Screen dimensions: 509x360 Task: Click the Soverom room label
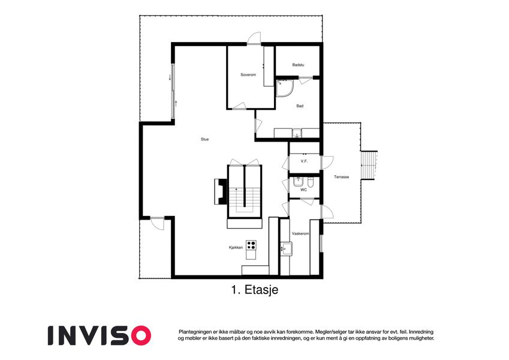click(x=248, y=75)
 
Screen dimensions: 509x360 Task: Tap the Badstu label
click(x=298, y=65)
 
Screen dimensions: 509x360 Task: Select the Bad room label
click(x=300, y=106)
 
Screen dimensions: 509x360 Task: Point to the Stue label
click(x=204, y=139)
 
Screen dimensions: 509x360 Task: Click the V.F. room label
click(x=304, y=161)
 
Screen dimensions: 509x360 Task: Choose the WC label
click(x=303, y=190)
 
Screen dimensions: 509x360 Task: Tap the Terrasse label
click(x=342, y=177)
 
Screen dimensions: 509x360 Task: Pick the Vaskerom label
click(x=300, y=233)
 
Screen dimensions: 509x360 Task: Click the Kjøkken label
click(x=236, y=248)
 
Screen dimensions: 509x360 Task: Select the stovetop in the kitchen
click(x=251, y=245)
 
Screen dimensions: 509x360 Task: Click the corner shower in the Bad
click(x=284, y=88)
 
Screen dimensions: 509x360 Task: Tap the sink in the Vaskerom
click(x=286, y=248)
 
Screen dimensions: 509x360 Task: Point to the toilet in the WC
click(x=311, y=184)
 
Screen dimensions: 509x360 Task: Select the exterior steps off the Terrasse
click(x=369, y=165)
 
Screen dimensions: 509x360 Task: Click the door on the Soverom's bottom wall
click(x=239, y=106)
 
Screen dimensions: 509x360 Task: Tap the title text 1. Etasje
click(x=255, y=289)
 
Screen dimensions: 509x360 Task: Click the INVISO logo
click(x=100, y=335)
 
